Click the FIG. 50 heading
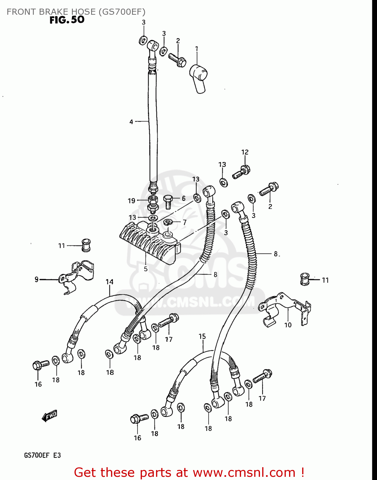(x=67, y=20)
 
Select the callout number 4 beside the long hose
(x=131, y=122)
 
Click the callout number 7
(x=185, y=222)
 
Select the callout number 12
(x=245, y=152)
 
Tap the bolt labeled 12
(x=241, y=172)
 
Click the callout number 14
(x=110, y=282)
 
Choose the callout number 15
(x=202, y=336)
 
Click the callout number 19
(x=131, y=201)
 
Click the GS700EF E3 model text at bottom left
(x=42, y=455)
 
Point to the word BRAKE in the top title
(x=52, y=12)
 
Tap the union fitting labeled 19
(x=153, y=204)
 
